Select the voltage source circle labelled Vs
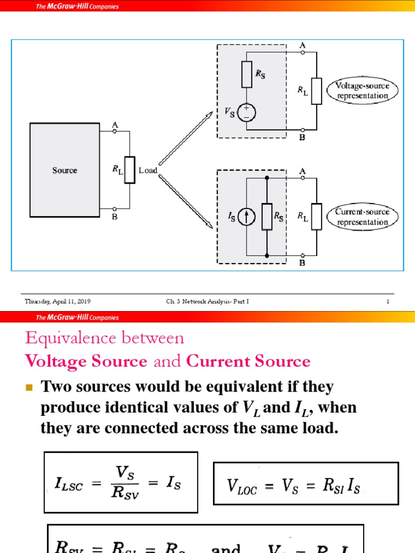(247, 112)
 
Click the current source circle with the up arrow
(247, 217)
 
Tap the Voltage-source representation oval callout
(362, 91)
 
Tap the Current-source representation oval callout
(362, 217)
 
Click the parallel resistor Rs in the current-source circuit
(267, 217)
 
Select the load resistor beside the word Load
(130, 170)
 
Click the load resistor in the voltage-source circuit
(317, 91)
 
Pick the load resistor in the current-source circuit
(317, 217)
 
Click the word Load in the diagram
(148, 170)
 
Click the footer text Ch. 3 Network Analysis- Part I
(207, 301)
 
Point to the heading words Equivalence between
(104, 338)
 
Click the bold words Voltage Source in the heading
(86, 362)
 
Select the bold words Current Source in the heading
(248, 362)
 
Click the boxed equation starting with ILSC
(121, 482)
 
